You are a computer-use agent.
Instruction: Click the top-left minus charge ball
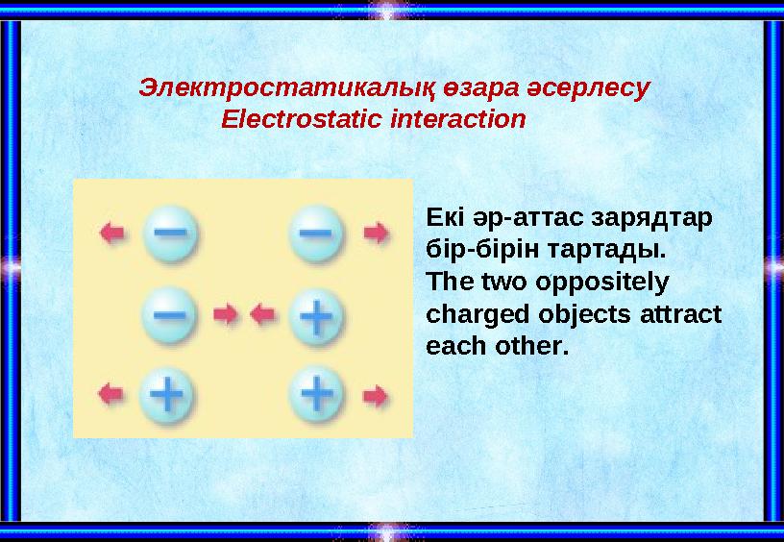tap(170, 233)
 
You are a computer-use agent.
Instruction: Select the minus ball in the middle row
tap(170, 314)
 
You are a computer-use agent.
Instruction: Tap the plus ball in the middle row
tap(317, 314)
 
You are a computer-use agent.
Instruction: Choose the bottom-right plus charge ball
tap(317, 394)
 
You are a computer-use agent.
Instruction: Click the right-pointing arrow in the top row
tap(376, 233)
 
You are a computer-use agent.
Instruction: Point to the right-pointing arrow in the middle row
tap(226, 314)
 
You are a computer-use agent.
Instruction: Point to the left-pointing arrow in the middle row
tap(262, 314)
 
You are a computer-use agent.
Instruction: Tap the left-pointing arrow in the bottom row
tap(113, 393)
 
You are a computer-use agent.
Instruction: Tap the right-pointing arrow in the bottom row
tap(376, 394)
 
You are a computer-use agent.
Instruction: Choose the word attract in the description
tap(689, 314)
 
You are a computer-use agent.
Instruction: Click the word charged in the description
tap(470, 314)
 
